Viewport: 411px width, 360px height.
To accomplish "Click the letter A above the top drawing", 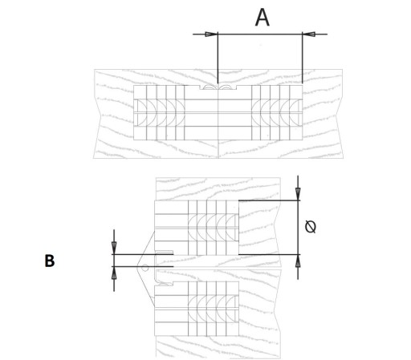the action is [262, 18].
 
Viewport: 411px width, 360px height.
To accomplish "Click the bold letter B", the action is [50, 261].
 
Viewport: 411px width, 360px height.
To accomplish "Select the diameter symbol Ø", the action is [311, 227].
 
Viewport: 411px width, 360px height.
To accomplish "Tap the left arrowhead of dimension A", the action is [211, 34].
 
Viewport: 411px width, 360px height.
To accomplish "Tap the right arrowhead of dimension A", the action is [309, 34].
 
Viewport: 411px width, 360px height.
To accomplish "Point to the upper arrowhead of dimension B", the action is [114, 248].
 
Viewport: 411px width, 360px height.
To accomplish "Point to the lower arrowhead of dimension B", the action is [114, 273].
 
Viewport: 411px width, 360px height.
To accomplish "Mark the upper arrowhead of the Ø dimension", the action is [298, 194].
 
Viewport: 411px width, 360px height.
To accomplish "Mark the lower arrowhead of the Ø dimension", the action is [298, 261].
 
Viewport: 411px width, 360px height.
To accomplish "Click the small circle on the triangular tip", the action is [144, 267].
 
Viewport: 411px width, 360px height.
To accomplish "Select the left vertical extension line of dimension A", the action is [218, 58].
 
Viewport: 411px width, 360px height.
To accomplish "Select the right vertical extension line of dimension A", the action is [303, 58].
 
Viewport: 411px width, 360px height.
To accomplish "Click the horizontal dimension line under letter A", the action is [260, 34].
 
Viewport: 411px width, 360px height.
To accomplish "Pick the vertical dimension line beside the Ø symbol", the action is [298, 228].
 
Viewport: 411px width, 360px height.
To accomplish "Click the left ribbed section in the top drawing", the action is [159, 112].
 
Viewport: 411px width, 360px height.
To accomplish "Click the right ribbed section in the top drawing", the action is [277, 112].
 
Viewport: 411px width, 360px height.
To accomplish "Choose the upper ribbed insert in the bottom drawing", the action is [214, 228].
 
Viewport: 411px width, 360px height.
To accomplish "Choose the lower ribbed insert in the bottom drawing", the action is [214, 309].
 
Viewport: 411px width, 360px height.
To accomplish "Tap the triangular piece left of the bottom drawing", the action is [146, 268].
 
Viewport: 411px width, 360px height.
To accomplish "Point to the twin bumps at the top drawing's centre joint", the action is [218, 87].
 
